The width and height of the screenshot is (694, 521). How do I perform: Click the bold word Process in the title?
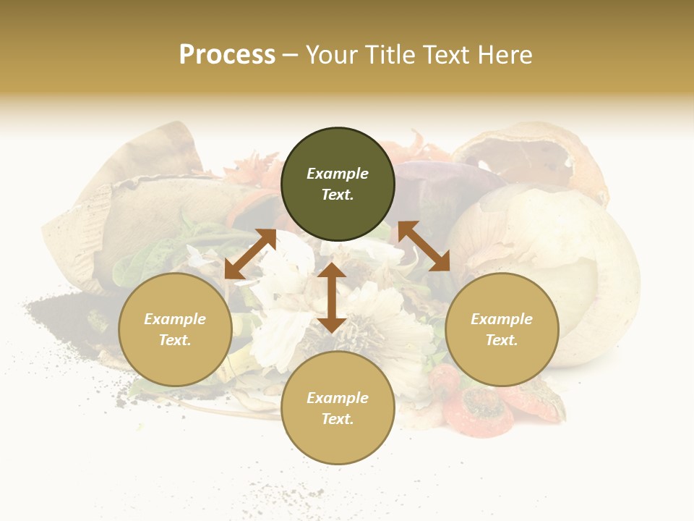(x=227, y=55)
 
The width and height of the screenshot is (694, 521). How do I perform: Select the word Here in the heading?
(x=504, y=55)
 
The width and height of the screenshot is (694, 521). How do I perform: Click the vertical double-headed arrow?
(x=332, y=297)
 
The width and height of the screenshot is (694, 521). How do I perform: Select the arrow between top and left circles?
(x=250, y=254)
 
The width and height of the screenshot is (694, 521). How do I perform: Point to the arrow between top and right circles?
(x=424, y=246)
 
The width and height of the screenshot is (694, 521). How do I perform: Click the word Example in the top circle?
(x=338, y=174)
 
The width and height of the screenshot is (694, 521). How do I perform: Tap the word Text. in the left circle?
(x=175, y=340)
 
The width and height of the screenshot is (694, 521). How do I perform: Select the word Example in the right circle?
(x=502, y=319)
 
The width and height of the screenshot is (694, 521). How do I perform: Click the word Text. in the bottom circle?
(x=338, y=419)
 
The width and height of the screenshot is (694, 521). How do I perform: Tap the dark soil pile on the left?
(x=65, y=311)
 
